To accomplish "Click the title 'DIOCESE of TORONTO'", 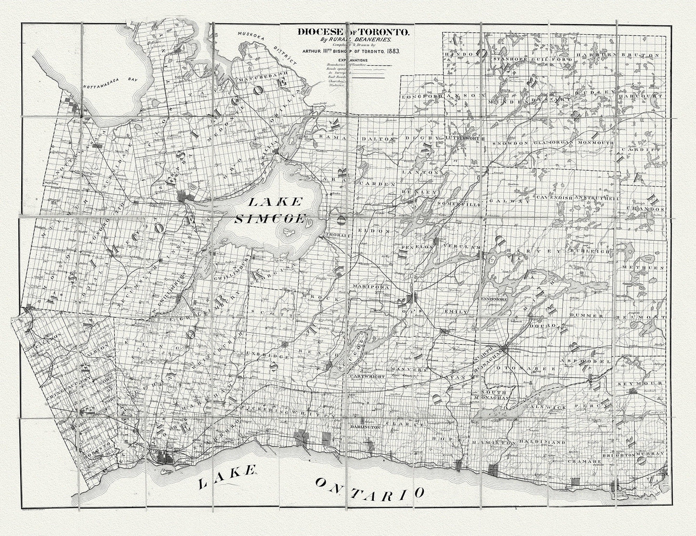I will [x=354, y=33].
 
